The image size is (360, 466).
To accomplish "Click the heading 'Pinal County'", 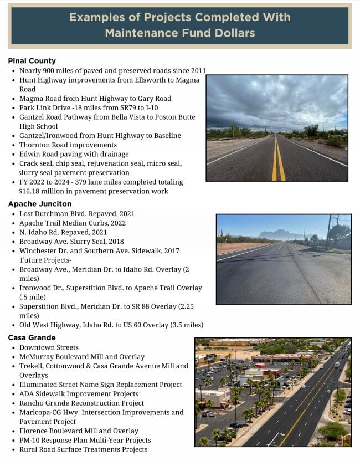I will (x=32, y=60).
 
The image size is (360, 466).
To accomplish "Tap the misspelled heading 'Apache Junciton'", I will (x=39, y=203).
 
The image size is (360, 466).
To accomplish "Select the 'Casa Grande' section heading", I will (x=32, y=337).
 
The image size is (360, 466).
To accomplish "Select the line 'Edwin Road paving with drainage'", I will (x=74, y=154).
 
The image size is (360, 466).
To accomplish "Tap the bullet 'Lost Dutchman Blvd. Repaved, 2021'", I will (x=77, y=213).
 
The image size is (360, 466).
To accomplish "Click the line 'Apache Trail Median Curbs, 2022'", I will (x=73, y=223).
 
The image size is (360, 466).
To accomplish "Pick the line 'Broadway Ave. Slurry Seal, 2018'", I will (x=71, y=242).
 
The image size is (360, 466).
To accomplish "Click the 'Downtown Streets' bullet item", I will (x=49, y=347).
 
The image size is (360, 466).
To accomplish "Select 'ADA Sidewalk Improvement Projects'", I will (x=79, y=394).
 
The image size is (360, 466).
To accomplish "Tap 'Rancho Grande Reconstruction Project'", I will (x=81, y=403).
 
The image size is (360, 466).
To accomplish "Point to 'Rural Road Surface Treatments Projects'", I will (x=83, y=449).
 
